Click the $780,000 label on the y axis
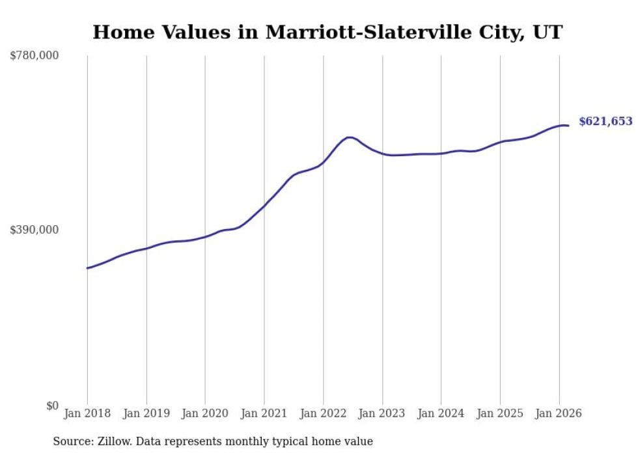click(35, 56)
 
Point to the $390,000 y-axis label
click(35, 230)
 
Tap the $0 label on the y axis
click(52, 406)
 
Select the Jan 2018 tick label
click(87, 413)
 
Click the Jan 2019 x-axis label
click(146, 413)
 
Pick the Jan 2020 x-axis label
click(205, 413)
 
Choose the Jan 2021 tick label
click(264, 413)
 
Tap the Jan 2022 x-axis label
click(324, 413)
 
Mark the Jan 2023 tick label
click(382, 413)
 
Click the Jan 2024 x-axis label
click(441, 413)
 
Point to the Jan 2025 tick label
click(500, 413)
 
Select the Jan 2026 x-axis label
click(559, 413)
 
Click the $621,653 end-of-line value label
click(605, 121)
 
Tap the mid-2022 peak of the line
click(350, 137)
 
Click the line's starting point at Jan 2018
click(87, 268)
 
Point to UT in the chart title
click(548, 33)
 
